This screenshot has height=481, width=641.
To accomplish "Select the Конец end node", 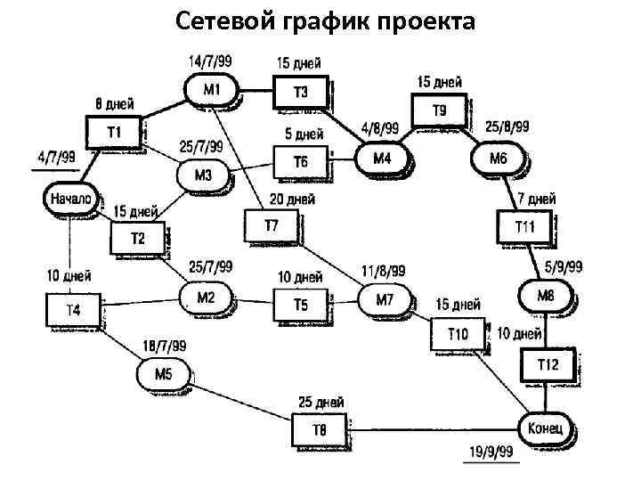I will (x=545, y=427).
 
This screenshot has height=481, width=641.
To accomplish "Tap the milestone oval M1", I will (x=211, y=88).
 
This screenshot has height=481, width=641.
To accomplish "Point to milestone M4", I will (x=382, y=159).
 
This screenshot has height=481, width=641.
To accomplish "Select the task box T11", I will (x=524, y=226).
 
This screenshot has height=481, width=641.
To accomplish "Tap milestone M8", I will (x=545, y=293).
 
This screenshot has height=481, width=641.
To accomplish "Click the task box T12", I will (x=547, y=363).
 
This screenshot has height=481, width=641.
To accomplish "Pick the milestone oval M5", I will (x=163, y=373).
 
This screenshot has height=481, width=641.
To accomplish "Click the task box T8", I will (x=319, y=430).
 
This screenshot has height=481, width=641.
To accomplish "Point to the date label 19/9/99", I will (x=492, y=453).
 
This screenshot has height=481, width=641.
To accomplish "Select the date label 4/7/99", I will (x=55, y=156).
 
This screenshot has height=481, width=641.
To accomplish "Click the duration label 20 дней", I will (x=290, y=200).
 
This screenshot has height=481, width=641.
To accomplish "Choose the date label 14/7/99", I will (x=210, y=61).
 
